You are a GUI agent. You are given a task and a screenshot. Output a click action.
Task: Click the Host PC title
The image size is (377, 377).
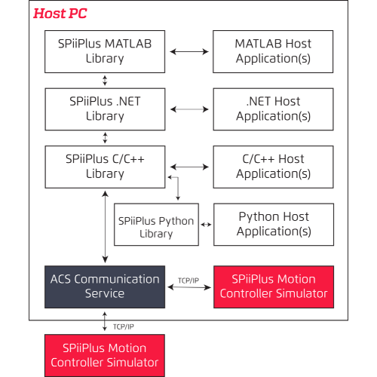[60, 14]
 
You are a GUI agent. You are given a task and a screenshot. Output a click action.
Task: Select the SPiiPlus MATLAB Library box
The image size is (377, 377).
[105, 51]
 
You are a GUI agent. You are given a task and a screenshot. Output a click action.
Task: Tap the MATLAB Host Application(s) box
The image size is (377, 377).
[273, 51]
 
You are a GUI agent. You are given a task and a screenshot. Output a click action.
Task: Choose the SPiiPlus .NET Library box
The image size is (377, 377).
[105, 109]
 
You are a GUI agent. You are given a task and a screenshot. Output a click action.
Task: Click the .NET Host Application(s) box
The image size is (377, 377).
[273, 109]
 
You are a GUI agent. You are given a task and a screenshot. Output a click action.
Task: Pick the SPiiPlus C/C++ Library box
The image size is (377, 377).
[105, 166]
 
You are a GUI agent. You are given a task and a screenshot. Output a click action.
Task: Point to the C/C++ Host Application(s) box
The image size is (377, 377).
[273, 166]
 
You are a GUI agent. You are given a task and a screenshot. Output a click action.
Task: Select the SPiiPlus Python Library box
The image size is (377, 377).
[156, 227]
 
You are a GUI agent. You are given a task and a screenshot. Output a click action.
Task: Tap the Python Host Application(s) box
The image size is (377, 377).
[274, 224]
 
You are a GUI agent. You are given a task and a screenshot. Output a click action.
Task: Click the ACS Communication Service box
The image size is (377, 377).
[105, 286]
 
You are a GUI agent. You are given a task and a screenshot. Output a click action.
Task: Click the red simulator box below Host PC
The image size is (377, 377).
[105, 355]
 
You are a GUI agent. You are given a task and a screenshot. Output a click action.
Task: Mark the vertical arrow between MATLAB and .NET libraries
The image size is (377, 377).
[105, 80]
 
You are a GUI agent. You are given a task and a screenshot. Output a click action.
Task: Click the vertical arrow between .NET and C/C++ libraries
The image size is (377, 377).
[105, 137]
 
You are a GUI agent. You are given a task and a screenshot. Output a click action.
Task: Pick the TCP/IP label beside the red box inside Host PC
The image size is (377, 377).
[188, 280]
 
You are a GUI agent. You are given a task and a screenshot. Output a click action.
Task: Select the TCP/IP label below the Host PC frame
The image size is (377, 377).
[124, 326]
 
